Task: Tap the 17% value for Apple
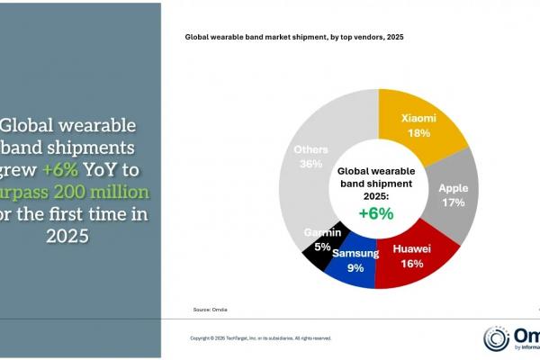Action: [x=453, y=202]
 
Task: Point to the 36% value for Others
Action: [x=310, y=165]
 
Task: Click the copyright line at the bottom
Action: [x=260, y=338]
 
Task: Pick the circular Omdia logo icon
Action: [x=496, y=338]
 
